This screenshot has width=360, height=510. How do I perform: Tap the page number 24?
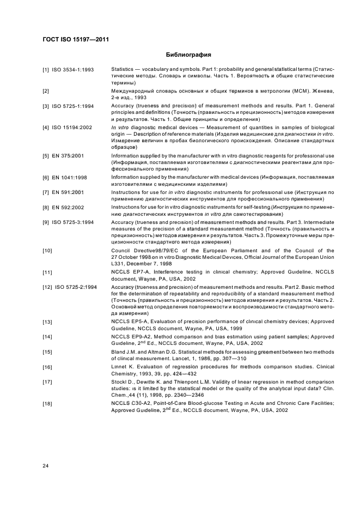(x=46, y=465)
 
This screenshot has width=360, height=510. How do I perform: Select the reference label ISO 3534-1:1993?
(x=73, y=70)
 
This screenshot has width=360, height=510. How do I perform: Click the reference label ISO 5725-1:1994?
(x=73, y=106)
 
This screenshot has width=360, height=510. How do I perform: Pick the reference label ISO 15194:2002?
(x=74, y=127)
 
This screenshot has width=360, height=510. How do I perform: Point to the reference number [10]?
(x=47, y=250)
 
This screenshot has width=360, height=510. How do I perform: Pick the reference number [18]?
(x=47, y=418)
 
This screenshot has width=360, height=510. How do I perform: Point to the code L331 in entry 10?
(x=118, y=264)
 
